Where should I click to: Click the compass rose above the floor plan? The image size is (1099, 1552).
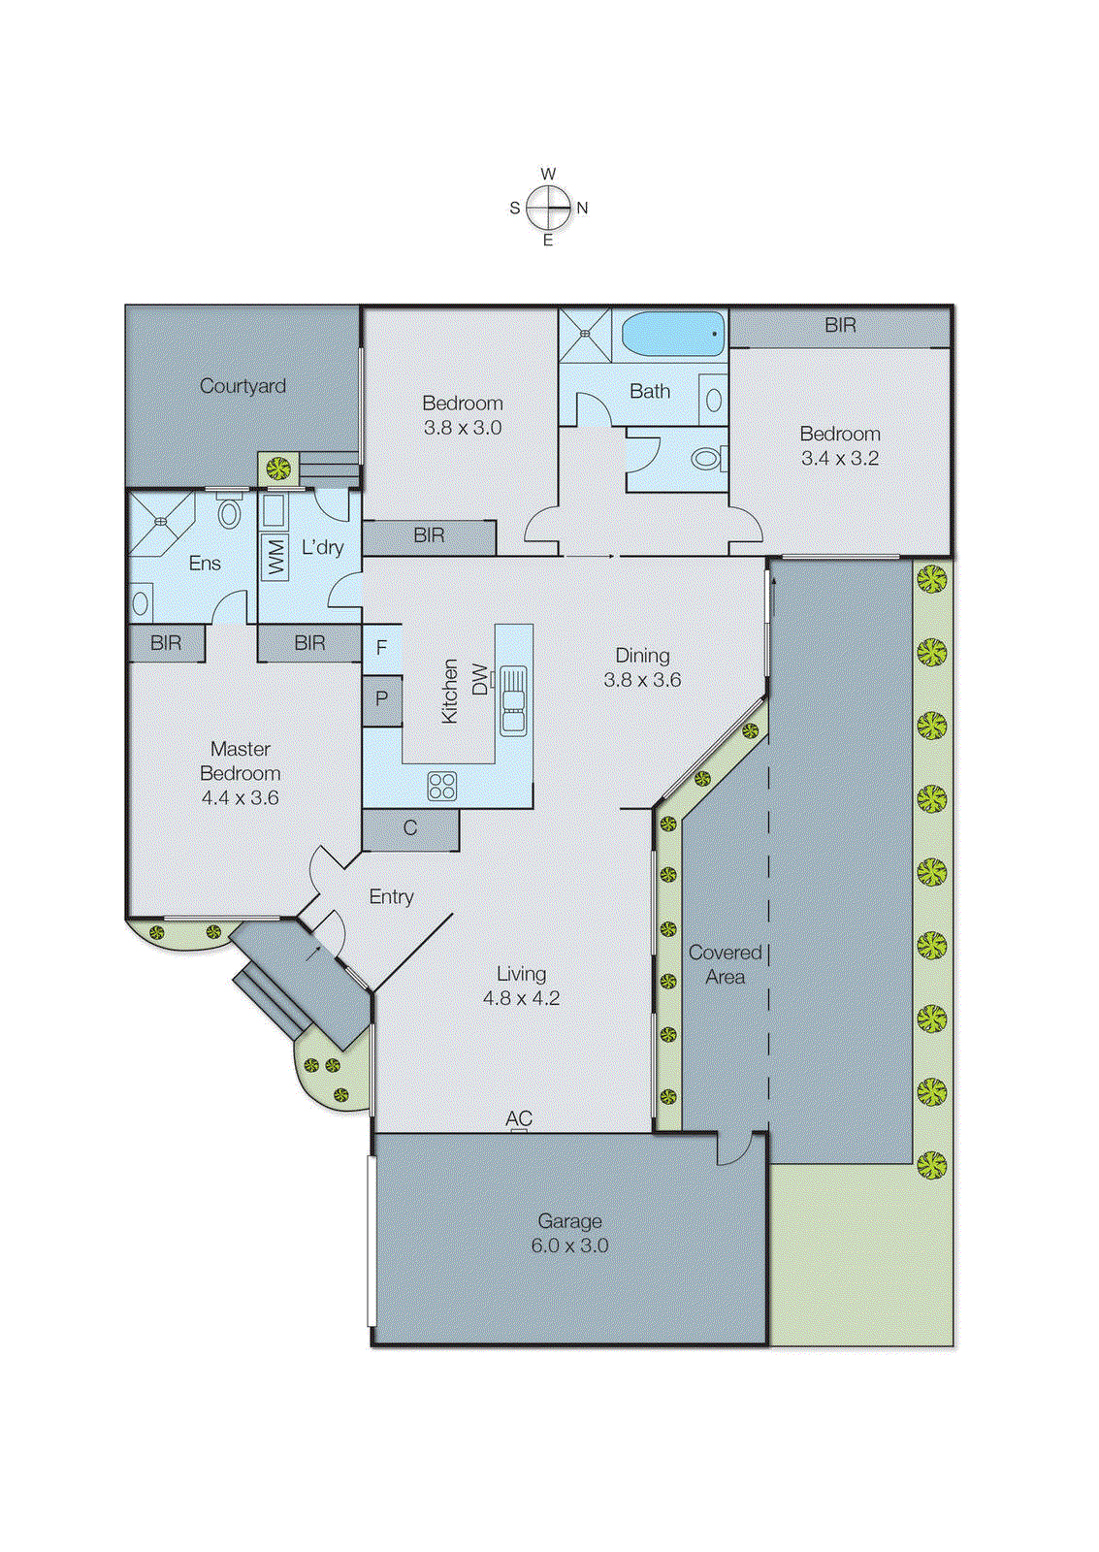click(549, 207)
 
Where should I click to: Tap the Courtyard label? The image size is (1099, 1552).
click(242, 386)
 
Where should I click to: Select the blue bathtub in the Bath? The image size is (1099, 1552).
click(672, 334)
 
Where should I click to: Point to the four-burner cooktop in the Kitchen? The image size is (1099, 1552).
click(442, 785)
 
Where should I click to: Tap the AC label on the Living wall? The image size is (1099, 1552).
click(519, 1118)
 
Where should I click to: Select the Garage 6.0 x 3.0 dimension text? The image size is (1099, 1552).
click(569, 1245)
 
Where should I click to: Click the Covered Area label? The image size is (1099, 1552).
click(725, 964)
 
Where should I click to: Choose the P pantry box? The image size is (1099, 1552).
click(382, 698)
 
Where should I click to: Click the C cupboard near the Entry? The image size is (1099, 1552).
click(410, 828)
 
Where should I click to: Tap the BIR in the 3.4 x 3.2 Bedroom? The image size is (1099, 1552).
click(840, 326)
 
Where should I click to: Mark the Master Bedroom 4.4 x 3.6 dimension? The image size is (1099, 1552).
click(240, 797)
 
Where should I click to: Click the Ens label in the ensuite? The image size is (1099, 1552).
click(205, 564)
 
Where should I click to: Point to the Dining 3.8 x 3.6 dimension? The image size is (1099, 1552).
click(642, 680)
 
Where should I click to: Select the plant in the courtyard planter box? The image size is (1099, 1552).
click(278, 469)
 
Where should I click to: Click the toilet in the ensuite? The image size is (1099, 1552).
click(229, 511)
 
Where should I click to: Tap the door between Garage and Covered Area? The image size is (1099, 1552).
click(734, 1148)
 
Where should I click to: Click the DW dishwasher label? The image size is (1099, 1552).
click(479, 679)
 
